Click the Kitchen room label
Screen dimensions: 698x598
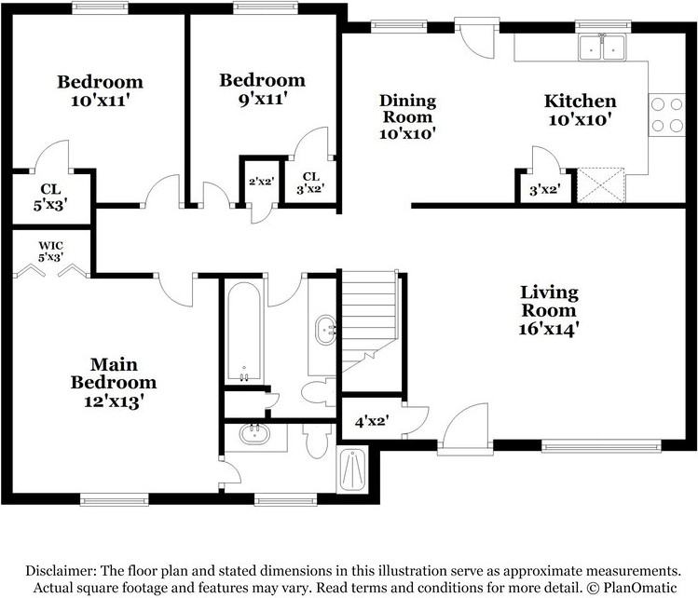pos(580,101)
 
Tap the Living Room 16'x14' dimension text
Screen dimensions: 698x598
pos(548,329)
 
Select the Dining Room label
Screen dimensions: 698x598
pos(407,109)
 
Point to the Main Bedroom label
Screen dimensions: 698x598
pos(114,374)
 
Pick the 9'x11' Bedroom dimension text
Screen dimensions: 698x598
pos(262,99)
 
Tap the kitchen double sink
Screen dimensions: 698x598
pos(602,48)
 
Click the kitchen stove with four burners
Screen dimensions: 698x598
pos(667,115)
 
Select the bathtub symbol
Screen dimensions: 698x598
pos(244,333)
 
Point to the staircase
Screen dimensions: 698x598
pos(369,321)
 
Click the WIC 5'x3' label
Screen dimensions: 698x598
pos(50,251)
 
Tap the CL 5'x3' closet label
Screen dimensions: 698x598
pos(50,197)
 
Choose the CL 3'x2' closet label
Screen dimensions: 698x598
pos(310,183)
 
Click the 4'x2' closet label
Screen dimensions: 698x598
pos(372,421)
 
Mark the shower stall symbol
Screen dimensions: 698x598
pos(352,469)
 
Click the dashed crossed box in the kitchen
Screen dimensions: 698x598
pos(601,185)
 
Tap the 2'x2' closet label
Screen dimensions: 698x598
pos(261,182)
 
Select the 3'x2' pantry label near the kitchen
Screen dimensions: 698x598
pos(544,190)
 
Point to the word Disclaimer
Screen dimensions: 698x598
pos(61,570)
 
